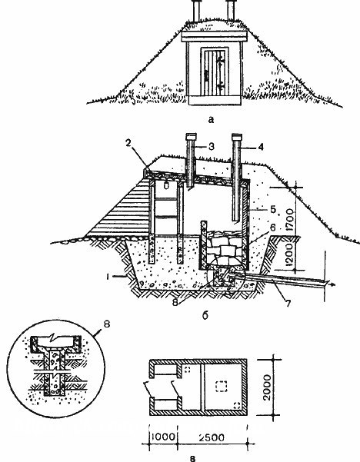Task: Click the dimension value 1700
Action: coord(290,220)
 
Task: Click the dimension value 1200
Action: coord(290,254)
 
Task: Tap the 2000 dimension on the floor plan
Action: coord(267,387)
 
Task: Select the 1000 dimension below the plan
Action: coord(163,437)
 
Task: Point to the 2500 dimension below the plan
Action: coord(212,437)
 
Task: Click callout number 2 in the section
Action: coord(128,143)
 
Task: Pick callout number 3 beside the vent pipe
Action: coord(211,146)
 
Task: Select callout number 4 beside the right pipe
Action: coord(260,147)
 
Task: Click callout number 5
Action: coord(273,209)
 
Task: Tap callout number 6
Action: coord(273,228)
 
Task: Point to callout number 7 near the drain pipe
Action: coord(288,303)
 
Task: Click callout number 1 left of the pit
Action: coord(108,277)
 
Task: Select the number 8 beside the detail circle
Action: coord(107,324)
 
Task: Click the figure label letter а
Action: coord(211,120)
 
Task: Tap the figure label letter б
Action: coord(205,315)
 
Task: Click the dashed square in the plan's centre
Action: coord(221,386)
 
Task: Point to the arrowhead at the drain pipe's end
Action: coord(332,284)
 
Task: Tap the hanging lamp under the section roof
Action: coord(166,184)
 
